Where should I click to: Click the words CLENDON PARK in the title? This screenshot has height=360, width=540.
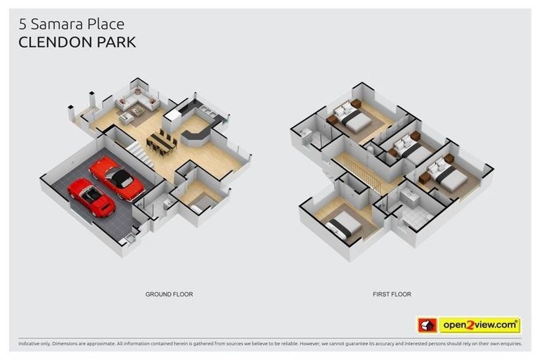pos(77,42)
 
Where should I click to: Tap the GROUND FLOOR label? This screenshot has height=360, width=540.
pos(169,294)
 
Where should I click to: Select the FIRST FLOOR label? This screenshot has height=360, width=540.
pos(392,294)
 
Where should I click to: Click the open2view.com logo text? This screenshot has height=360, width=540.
pos(480,325)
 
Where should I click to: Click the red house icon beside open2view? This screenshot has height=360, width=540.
pos(427,325)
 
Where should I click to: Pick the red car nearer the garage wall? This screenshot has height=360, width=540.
pos(91,196)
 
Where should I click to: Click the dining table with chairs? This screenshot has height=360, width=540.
pos(162,143)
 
